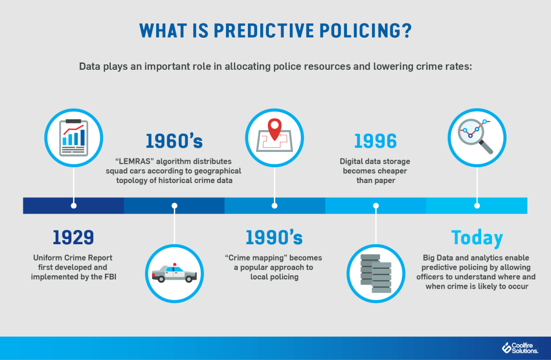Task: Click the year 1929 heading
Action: [73, 237]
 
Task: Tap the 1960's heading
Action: [174, 141]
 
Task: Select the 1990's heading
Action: [274, 237]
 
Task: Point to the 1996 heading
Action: [375, 141]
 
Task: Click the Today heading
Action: [477, 238]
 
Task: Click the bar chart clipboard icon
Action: [74, 137]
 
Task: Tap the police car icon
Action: [174, 274]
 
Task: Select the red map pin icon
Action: [275, 129]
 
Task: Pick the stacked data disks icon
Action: [375, 274]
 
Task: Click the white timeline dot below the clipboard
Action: [74, 205]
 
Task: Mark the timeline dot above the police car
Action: [174, 205]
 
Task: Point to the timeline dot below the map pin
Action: [274, 205]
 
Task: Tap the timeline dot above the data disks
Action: [375, 205]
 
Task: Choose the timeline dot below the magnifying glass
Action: [477, 205]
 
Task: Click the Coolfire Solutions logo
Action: [520, 348]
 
